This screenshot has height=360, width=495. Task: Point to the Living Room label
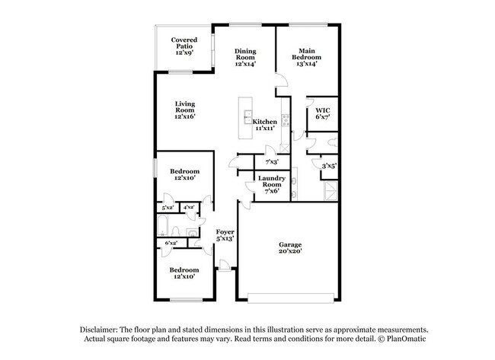click(x=185, y=110)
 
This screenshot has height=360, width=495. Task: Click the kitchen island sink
click(x=248, y=116)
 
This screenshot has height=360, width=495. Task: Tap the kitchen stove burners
click(x=285, y=119)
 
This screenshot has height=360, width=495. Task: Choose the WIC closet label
click(x=322, y=113)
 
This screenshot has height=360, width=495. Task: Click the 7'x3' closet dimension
click(x=272, y=162)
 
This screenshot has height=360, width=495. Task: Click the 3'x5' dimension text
click(x=329, y=165)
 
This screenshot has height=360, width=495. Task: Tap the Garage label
click(x=289, y=247)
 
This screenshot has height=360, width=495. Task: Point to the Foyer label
click(x=225, y=234)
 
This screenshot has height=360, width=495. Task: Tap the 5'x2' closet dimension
click(x=167, y=207)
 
